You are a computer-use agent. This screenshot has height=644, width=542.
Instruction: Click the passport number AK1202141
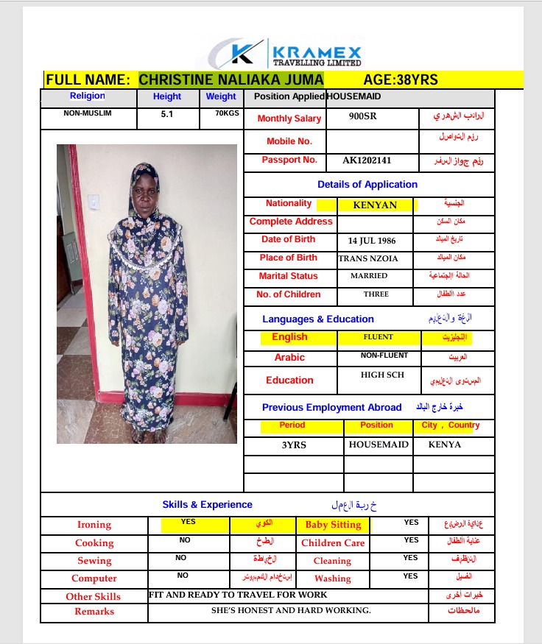367,160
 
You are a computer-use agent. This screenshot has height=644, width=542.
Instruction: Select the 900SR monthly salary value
362,116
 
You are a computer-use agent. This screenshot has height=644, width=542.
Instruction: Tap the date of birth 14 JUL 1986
373,240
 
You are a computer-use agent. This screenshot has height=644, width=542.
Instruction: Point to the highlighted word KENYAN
375,205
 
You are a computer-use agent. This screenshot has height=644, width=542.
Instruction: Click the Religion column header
88,96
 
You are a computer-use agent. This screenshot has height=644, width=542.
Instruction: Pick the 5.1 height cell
167,115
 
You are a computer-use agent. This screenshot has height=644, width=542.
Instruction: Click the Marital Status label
289,276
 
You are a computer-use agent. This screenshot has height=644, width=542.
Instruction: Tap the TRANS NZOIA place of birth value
369,258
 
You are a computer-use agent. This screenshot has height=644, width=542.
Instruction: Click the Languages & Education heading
318,319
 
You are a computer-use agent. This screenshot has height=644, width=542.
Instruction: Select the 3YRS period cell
295,445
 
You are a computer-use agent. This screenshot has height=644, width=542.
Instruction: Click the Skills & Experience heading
207,505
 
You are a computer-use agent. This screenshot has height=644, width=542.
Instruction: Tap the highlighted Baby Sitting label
333,525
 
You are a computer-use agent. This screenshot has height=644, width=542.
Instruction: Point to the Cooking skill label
94,543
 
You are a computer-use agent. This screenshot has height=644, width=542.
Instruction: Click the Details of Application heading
367,185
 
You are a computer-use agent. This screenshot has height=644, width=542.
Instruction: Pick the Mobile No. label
289,141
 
